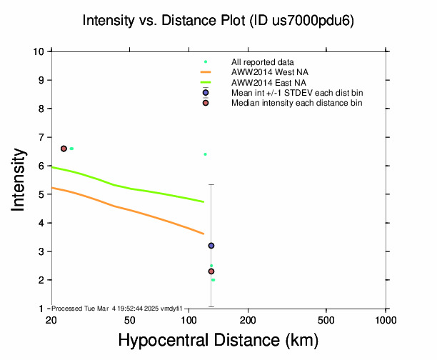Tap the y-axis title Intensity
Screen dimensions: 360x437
coord(19,180)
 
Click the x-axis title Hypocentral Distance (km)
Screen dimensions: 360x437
coord(218,341)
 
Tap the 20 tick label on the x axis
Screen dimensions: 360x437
coord(51,319)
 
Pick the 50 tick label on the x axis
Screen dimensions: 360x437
coord(129,319)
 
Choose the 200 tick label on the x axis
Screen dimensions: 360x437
coord(248,319)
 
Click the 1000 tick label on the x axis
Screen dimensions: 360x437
coord(386,319)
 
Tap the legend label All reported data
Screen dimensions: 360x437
coord(263,62)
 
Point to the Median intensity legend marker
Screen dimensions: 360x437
coord(206,103)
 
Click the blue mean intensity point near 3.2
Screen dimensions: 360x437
coord(211,246)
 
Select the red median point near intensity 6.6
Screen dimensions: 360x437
coord(64,149)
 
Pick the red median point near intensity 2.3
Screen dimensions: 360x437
coord(211,271)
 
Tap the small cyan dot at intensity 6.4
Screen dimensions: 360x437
coord(205,154)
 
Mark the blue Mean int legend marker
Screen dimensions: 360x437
coord(206,93)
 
